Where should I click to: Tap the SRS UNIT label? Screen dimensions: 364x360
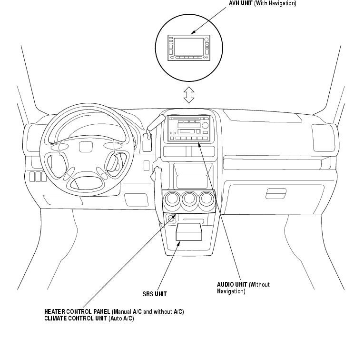(155, 294)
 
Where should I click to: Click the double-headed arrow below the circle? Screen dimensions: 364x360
(189, 95)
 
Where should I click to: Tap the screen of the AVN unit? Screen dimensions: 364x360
(189, 47)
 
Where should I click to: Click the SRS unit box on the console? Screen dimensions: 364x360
(189, 232)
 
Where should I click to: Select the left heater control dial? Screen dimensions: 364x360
(172, 199)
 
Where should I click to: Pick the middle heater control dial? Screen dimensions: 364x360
(189, 199)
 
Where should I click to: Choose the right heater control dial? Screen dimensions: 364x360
(206, 199)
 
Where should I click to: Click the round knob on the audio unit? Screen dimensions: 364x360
(205, 125)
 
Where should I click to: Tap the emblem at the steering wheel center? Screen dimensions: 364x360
(86, 147)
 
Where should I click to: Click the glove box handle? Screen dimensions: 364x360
(276, 194)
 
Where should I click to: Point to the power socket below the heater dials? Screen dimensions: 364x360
(171, 219)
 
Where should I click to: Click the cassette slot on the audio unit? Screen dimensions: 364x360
(189, 131)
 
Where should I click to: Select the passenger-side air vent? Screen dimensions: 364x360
(324, 138)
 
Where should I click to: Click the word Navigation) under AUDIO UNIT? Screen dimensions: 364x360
(231, 291)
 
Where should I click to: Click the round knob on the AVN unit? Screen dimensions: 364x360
(207, 40)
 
